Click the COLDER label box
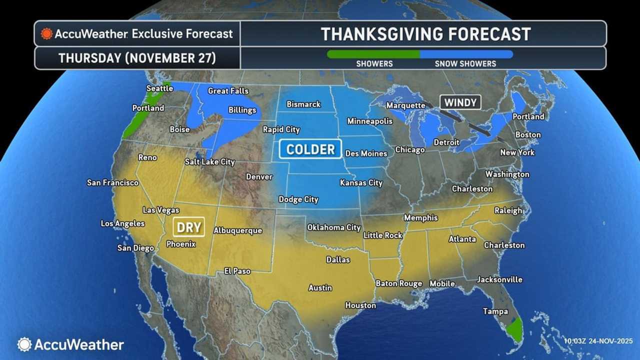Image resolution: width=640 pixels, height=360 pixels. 310,149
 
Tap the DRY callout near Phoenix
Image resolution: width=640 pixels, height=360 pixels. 189,227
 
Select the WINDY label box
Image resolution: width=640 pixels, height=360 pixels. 460,102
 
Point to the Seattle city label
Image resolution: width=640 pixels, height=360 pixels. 159,88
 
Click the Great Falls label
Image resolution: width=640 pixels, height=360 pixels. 228,91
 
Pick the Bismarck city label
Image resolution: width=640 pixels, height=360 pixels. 303,104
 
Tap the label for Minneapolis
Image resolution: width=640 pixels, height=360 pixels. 369,121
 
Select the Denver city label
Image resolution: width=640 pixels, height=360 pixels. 259,177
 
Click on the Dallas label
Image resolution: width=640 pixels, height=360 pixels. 338,260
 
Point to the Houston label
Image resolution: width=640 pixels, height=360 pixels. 360,305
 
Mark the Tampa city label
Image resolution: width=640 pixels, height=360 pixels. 495,311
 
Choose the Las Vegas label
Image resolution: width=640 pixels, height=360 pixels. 161,210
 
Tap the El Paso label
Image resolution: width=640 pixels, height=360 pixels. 237,271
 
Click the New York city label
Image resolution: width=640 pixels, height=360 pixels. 517,152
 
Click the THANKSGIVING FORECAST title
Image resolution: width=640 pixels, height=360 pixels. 425,34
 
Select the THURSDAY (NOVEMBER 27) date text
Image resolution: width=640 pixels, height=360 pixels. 137,58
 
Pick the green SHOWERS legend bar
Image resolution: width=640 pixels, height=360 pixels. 373,54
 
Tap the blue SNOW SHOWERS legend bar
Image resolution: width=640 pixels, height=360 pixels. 466,54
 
